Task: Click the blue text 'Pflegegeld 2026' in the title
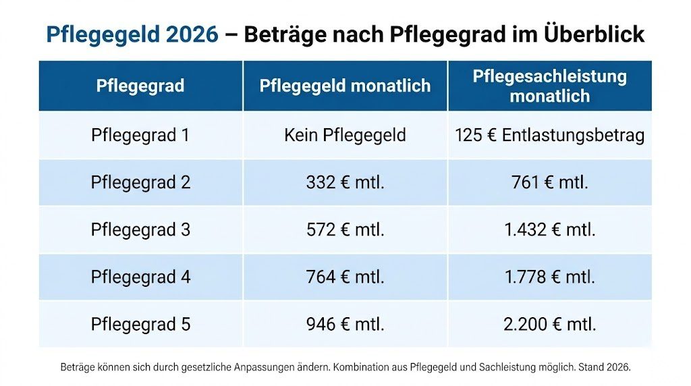[132, 34]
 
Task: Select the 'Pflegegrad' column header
[140, 86]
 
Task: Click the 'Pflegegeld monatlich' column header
[345, 86]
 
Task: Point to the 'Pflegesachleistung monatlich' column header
[549, 86]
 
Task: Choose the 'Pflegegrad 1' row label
[140, 135]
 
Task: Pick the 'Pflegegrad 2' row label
[140, 182]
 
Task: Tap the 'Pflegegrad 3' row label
[140, 229]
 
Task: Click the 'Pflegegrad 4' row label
[140, 277]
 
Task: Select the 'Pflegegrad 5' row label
[140, 324]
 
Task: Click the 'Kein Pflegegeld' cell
[345, 135]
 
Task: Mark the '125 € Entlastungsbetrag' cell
[549, 135]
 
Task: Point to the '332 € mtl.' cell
[345, 182]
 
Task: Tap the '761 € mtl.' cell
[549, 182]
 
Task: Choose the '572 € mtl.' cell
[345, 229]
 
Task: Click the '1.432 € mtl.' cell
[549, 229]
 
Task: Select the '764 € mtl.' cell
[345, 277]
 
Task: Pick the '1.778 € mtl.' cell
[549, 277]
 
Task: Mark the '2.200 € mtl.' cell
[549, 324]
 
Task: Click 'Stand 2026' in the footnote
[605, 368]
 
